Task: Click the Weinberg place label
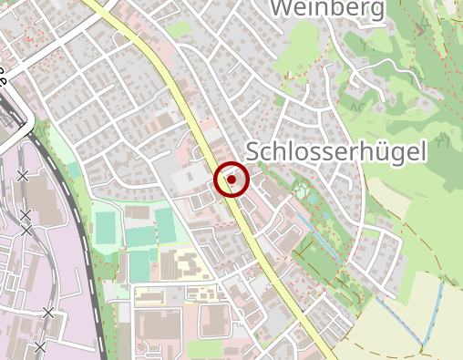327,8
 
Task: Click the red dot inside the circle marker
231,180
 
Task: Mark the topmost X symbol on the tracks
22,176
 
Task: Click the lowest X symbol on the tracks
39,346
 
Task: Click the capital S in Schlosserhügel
255,152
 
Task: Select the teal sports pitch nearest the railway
107,226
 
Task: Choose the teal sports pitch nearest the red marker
165,221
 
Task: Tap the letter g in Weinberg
375,10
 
